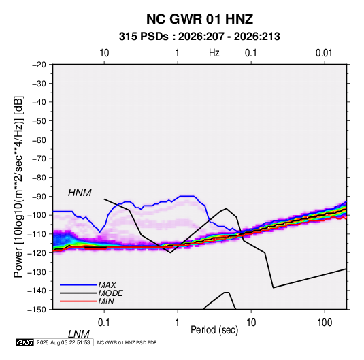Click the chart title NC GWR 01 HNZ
[199, 19]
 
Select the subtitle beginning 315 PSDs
[199, 37]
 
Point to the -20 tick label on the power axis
[39, 65]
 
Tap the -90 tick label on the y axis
[39, 196]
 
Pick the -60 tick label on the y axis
[39, 140]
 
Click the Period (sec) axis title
[214, 330]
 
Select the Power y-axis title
[18, 187]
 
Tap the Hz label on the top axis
[214, 53]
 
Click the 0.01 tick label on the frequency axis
[324, 53]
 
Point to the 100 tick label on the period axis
[325, 323]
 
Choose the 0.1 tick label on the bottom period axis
[104, 323]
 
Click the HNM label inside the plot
[80, 193]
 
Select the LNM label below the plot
[79, 334]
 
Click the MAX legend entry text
[107, 285]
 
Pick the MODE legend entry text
[110, 293]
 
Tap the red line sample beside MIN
[78, 301]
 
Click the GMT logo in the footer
[25, 342]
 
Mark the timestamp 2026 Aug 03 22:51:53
[63, 342]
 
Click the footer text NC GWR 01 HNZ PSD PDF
[127, 343]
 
